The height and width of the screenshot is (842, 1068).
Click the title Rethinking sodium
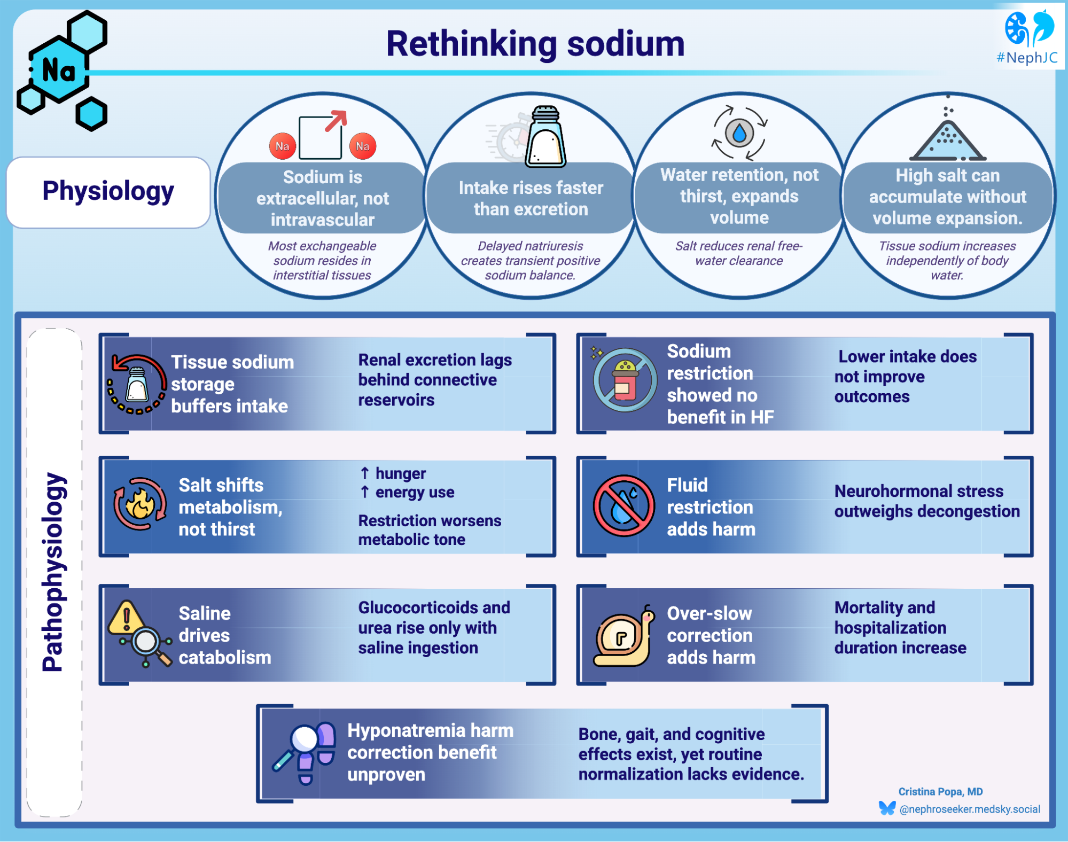tap(535, 44)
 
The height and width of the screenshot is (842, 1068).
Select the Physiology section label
tap(108, 192)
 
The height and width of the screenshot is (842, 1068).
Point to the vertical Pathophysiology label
tap(54, 572)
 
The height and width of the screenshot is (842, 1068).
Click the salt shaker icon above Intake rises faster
tap(545, 138)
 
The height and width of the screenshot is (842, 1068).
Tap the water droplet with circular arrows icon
tap(739, 133)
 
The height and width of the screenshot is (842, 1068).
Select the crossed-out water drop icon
tap(623, 505)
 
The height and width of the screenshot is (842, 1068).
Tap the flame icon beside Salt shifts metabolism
tap(140, 504)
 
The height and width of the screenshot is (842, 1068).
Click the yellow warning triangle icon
tap(126, 618)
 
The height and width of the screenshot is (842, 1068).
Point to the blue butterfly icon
tap(887, 808)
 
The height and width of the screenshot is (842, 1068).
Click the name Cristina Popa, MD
tap(940, 791)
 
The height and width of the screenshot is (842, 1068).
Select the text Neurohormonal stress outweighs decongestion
tap(926, 501)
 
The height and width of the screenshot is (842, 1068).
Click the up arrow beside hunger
tap(365, 473)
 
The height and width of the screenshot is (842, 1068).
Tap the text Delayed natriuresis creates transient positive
tap(530, 253)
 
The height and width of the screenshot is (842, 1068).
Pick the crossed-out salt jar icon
tap(625, 380)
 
